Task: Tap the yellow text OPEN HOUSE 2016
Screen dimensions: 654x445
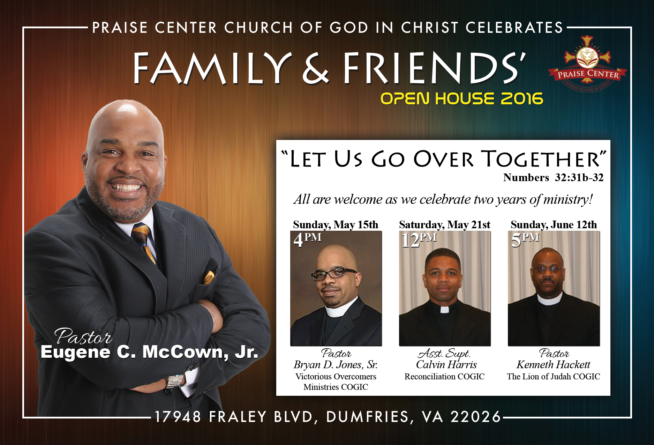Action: pos(462,99)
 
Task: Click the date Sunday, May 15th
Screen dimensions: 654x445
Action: pos(336,224)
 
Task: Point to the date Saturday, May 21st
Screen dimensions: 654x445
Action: pos(445,224)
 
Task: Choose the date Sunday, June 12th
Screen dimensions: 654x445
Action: pos(554,224)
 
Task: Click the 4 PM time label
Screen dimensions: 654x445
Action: pos(307,240)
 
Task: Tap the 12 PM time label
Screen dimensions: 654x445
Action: pos(419,240)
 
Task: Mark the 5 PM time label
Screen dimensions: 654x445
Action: pos(525,240)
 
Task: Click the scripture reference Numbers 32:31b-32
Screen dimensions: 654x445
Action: pos(553,178)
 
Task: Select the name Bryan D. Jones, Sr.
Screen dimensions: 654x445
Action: pos(336,365)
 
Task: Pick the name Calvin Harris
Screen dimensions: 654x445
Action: pos(446,365)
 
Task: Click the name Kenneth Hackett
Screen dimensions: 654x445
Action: pos(553,365)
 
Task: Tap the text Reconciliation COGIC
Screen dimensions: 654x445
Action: pos(444,377)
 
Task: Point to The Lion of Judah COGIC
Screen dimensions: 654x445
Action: pos(554,377)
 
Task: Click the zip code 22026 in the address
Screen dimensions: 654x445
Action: pos(476,417)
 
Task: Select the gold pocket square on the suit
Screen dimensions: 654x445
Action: pos(209,277)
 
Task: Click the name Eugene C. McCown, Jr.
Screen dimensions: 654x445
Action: pos(149,352)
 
